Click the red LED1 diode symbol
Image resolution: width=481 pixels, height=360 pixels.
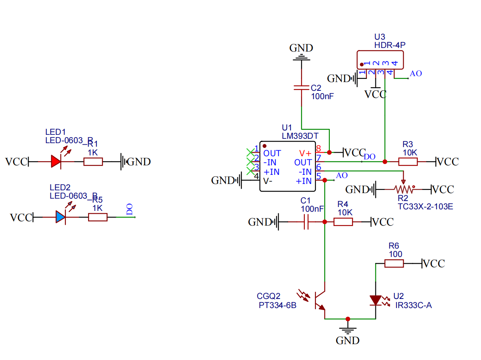(56, 161)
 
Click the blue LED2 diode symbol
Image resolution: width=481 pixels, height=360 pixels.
(60, 217)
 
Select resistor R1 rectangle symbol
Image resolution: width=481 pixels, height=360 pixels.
(93, 161)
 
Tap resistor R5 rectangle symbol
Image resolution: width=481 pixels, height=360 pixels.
(98, 217)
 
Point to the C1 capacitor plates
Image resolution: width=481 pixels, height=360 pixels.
(306, 222)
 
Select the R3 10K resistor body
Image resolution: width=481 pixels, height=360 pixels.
(408, 161)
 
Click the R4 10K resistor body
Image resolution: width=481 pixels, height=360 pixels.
(343, 222)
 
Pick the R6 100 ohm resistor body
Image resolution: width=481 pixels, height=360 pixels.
(394, 263)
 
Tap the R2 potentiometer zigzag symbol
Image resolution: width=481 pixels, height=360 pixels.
(404, 190)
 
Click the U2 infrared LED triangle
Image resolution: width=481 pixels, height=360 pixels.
(375, 300)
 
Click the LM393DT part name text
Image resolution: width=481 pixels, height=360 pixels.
(300, 136)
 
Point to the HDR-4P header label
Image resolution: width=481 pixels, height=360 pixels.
(390, 45)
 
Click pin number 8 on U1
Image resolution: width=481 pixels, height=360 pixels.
(318, 149)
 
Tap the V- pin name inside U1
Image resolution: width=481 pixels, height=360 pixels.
(268, 181)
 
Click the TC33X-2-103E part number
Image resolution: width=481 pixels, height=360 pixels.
(425, 207)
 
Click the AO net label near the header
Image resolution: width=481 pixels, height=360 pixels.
(416, 73)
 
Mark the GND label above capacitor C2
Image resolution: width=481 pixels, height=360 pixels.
(301, 48)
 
